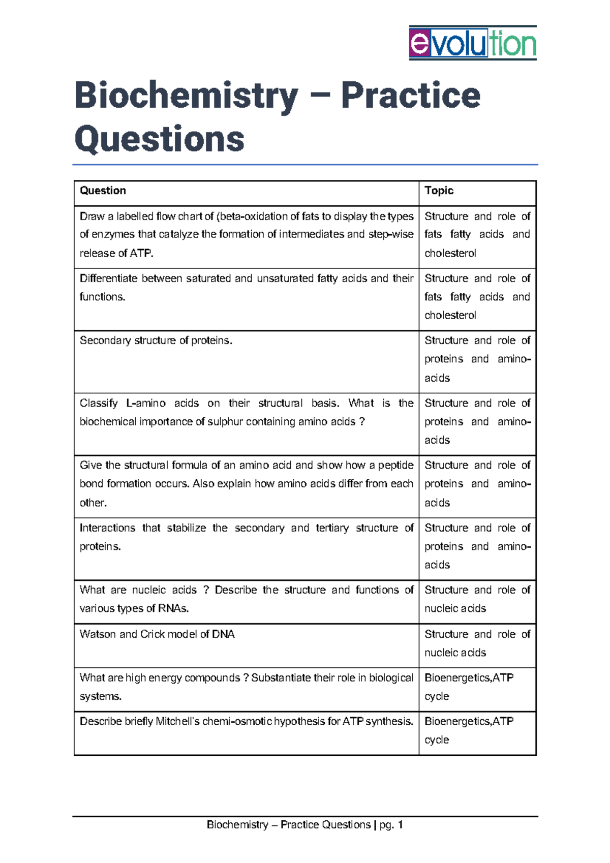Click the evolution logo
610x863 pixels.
473,43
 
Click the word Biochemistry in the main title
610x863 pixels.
186,96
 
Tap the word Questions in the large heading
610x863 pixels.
159,139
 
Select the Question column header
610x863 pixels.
103,191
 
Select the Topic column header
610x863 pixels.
439,191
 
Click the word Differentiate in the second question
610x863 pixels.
108,279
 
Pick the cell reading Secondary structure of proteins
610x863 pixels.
156,341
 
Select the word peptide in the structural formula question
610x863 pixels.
395,465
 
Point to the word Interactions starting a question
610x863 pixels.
107,528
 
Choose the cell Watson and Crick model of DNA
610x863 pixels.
157,634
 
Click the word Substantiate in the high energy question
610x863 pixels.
283,678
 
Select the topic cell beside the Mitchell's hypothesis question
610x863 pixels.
469,730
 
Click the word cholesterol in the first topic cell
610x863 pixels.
450,253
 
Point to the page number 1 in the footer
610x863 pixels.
401,825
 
